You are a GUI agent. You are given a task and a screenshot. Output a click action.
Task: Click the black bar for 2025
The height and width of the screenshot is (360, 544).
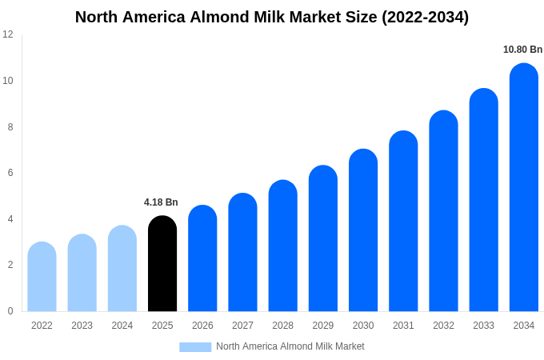162,264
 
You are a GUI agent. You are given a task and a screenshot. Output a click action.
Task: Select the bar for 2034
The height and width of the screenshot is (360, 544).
523,188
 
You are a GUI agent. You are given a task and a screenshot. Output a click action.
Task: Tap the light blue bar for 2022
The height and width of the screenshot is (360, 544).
42,277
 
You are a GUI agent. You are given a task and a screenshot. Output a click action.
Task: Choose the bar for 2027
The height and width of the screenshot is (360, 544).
242,253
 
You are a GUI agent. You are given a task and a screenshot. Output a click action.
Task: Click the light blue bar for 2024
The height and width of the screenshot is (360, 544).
122,269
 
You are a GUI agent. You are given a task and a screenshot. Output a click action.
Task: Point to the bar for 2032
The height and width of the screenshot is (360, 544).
443,211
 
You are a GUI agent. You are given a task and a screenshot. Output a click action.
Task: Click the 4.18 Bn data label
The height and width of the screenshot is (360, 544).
161,202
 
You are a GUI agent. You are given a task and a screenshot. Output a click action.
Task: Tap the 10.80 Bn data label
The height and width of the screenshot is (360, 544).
522,50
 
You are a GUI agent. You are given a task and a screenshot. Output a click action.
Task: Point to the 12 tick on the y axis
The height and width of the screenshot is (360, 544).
8,34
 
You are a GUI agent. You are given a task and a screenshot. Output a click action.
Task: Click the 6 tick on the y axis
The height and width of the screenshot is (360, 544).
10,173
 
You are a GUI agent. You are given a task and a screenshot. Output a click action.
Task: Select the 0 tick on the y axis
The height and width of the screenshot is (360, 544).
10,311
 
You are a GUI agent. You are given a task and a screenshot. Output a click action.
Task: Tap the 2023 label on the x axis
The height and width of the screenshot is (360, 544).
82,326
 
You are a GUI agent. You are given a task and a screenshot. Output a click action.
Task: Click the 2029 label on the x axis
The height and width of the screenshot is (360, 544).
322,326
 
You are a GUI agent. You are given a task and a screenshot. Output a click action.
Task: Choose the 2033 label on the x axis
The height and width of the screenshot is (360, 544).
483,326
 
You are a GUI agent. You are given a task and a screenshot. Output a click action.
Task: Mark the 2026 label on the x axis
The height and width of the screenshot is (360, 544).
202,326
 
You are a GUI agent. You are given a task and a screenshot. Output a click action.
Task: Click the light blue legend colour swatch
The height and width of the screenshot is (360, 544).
195,347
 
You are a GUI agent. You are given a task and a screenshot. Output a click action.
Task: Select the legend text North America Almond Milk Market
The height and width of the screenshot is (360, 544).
290,346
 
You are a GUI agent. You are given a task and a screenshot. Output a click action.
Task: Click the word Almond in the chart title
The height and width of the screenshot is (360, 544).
218,17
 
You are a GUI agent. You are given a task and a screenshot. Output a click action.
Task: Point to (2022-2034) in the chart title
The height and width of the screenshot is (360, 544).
425,17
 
